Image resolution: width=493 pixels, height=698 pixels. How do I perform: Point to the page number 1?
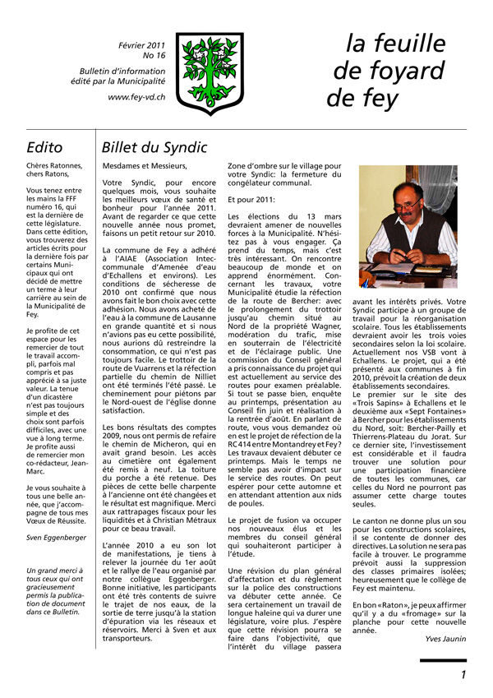point(463,675)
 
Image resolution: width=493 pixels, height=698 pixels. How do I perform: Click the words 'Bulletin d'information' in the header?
point(122,70)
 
